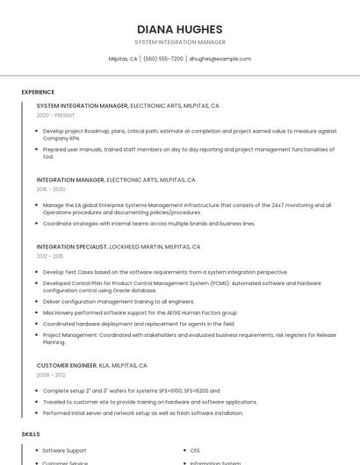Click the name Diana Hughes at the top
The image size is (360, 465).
click(x=180, y=28)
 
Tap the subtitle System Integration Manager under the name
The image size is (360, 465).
click(x=180, y=42)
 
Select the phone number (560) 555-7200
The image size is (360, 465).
click(x=162, y=59)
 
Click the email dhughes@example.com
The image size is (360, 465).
click(x=220, y=59)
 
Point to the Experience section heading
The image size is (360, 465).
click(x=38, y=92)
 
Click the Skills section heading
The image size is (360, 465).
click(x=30, y=433)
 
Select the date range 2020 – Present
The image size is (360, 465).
click(x=55, y=115)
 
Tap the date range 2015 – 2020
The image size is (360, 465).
click(x=51, y=189)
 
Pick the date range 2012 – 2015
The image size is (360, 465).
click(x=50, y=256)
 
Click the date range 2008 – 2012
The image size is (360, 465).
click(x=51, y=375)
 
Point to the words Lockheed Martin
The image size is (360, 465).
click(x=140, y=247)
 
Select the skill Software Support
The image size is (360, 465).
click(x=64, y=450)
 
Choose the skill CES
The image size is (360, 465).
click(x=195, y=450)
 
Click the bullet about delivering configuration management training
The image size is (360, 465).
click(x=112, y=301)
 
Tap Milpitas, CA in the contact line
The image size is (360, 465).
click(x=122, y=59)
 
